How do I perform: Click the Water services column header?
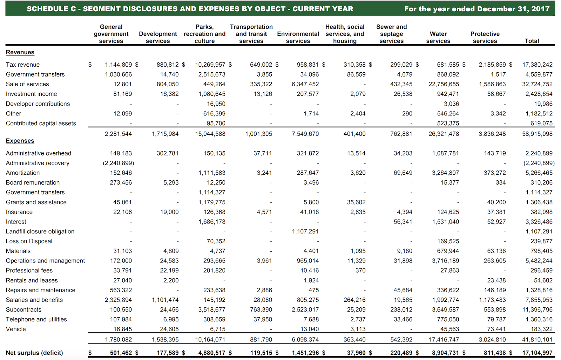point(438,37)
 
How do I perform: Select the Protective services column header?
point(485,37)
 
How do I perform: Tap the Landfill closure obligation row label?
point(40,231)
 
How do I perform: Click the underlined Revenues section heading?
point(20,52)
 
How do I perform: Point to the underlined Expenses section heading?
point(20,141)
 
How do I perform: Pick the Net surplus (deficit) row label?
point(34,353)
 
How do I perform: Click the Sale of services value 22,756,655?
point(444,84)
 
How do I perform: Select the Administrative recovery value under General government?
point(118,163)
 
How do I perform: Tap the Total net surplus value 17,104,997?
point(537,353)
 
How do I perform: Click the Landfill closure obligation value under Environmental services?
point(305,231)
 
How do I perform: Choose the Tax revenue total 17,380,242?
point(537,65)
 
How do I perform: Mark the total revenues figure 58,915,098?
point(537,134)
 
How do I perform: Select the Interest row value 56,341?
point(403,222)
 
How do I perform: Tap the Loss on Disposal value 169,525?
point(448,241)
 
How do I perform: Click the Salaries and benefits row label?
point(34,300)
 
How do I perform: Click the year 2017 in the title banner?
point(542,9)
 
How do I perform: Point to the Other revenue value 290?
point(407,114)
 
